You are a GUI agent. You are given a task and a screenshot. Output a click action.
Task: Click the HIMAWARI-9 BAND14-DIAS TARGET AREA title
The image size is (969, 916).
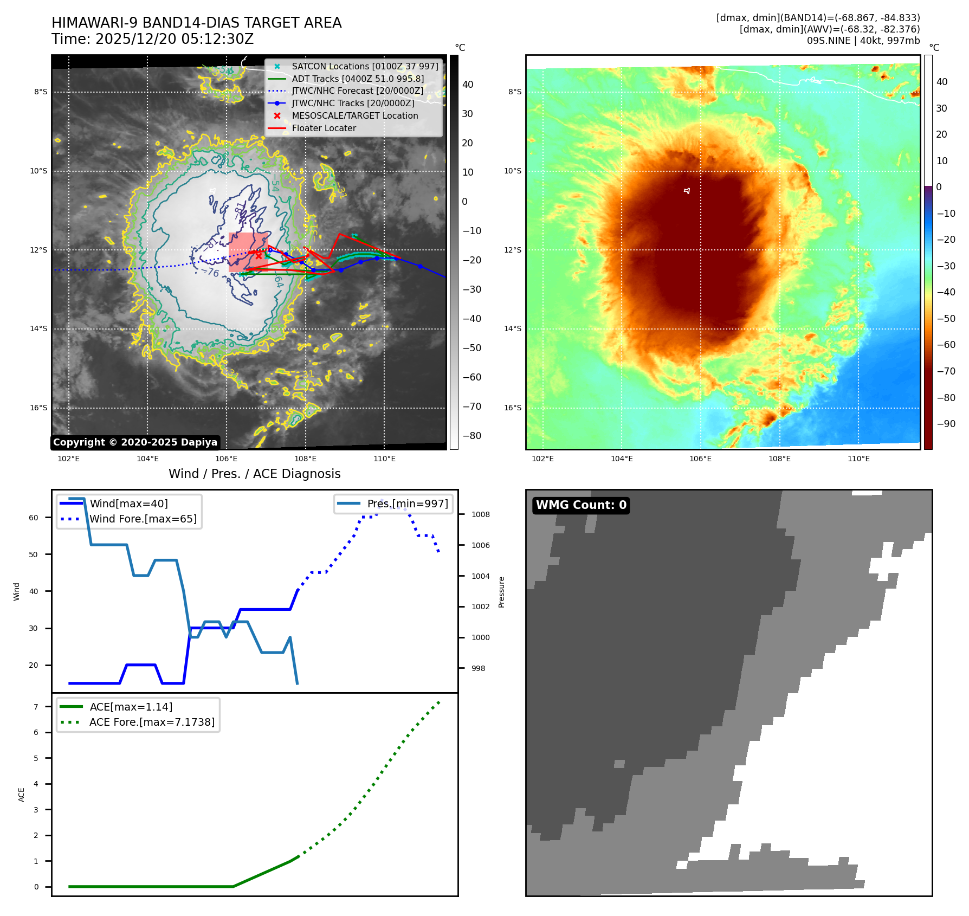click(196, 23)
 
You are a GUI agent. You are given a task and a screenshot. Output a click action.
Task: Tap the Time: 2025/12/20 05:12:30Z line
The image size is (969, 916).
click(152, 39)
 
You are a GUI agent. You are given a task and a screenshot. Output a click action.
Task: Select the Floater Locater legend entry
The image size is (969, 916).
click(324, 128)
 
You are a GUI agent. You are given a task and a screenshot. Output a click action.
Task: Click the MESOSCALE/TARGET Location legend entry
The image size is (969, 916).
click(354, 115)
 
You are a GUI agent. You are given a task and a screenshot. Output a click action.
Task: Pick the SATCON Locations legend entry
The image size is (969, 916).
click(365, 66)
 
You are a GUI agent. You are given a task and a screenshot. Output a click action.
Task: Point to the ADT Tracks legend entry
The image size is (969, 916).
click(358, 79)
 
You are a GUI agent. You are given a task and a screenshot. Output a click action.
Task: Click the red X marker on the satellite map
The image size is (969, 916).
click(259, 256)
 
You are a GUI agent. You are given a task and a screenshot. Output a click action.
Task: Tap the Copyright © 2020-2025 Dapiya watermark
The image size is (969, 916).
click(135, 442)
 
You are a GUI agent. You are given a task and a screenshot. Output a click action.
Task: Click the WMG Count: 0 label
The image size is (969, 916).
click(581, 505)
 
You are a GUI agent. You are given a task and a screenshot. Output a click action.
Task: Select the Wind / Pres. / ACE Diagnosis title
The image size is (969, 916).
click(254, 474)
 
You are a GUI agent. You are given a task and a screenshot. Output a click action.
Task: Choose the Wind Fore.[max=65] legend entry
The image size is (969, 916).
click(143, 519)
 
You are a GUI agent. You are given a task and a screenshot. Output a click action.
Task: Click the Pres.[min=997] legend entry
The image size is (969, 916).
click(407, 504)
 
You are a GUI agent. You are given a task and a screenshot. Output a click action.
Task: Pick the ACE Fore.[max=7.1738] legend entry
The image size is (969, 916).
click(152, 722)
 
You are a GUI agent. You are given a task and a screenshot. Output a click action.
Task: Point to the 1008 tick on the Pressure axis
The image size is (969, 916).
click(480, 514)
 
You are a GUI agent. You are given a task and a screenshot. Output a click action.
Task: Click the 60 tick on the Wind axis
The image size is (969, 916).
click(34, 518)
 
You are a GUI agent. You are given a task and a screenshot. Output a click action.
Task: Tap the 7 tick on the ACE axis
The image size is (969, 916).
click(36, 707)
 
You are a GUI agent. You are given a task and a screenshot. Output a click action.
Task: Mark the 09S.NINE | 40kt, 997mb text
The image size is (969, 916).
click(863, 41)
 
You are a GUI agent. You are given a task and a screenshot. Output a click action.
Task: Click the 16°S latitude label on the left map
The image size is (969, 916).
click(38, 408)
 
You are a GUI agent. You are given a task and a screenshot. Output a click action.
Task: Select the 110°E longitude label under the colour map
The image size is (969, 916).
click(858, 459)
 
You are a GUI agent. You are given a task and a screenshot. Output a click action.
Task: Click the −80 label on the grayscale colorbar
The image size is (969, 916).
click(471, 436)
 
